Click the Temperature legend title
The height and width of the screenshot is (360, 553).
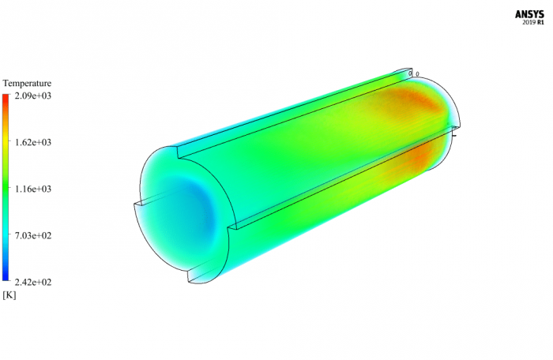27,83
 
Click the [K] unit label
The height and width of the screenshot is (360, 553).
9,295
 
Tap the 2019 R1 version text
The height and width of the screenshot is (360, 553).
534,23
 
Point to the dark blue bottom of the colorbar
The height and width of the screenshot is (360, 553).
6,277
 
